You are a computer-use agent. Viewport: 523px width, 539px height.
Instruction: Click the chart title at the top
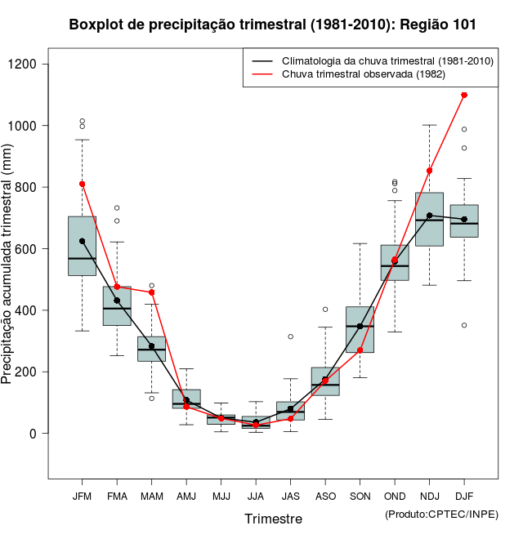coord(273,25)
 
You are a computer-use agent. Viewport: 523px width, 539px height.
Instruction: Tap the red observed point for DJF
coord(464,95)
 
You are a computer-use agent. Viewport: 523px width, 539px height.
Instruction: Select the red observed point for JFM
coord(82,184)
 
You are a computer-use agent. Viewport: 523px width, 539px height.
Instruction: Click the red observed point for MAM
coord(152,292)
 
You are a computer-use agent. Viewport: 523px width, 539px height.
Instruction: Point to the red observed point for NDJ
coord(430,171)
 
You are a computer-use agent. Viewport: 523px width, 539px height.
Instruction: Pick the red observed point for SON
coord(360,350)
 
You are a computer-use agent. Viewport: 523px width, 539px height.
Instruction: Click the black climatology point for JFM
coord(82,241)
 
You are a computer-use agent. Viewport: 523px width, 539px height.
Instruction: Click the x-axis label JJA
coord(256,497)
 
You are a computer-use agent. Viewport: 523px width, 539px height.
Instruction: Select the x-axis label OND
coord(395,497)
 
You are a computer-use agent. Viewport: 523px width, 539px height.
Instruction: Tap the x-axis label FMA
coord(117,497)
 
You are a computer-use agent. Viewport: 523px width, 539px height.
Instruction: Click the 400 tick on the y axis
coord(37,310)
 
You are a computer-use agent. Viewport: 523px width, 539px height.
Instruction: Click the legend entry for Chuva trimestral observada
coord(364,74)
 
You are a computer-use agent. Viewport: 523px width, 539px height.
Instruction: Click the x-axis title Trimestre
coord(273,519)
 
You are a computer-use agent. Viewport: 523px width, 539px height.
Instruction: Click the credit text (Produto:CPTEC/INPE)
coord(441,514)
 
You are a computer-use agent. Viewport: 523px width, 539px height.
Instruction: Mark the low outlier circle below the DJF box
coord(464,325)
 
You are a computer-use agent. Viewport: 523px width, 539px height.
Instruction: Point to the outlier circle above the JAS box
coord(290,336)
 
